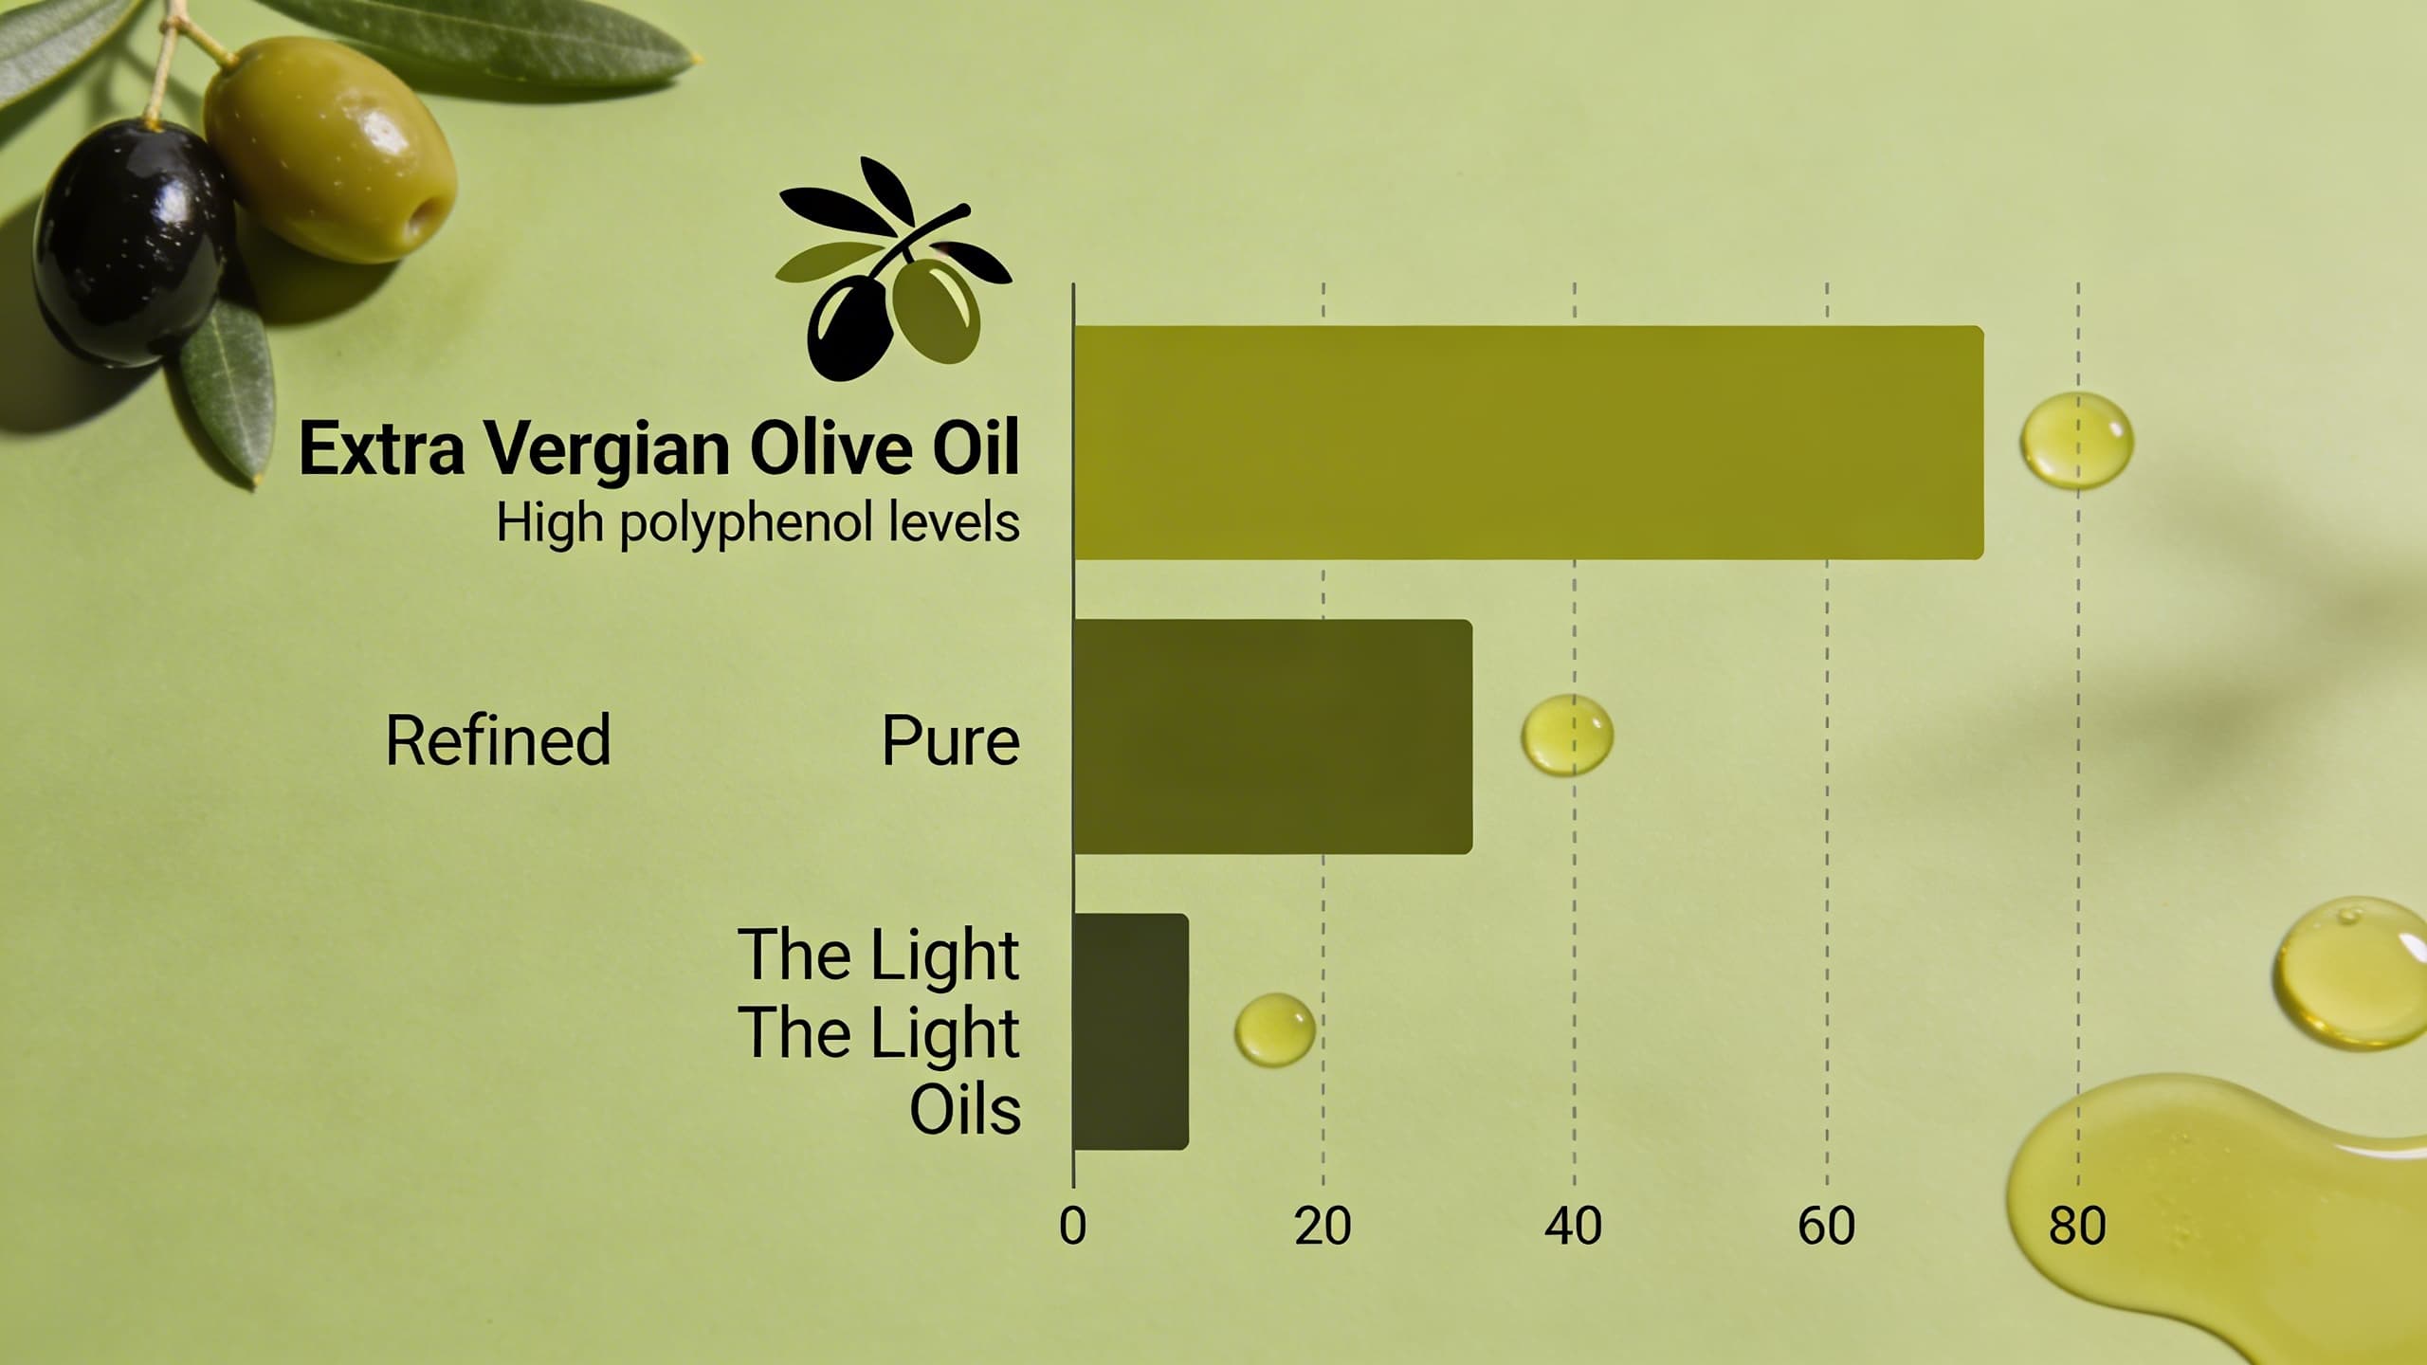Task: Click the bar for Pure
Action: click(1272, 737)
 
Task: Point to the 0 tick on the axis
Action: click(1072, 1227)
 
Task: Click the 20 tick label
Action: click(1323, 1227)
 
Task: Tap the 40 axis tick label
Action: click(1574, 1227)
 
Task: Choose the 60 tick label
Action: click(1826, 1227)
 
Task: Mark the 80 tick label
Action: click(2077, 1227)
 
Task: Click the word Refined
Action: click(498, 740)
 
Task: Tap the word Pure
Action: click(950, 740)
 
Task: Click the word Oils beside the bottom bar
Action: click(965, 1110)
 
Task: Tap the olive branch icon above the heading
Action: click(891, 275)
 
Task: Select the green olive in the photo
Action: click(327, 152)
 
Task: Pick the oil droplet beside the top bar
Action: click(2076, 441)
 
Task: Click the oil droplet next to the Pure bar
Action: click(1567, 735)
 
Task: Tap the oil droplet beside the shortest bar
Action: click(1274, 1029)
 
